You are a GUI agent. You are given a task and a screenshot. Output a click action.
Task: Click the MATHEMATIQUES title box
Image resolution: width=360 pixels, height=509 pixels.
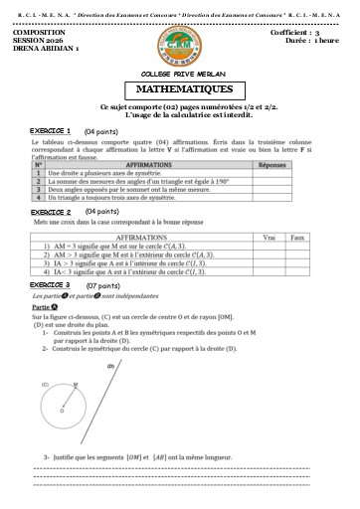[x=179, y=88]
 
